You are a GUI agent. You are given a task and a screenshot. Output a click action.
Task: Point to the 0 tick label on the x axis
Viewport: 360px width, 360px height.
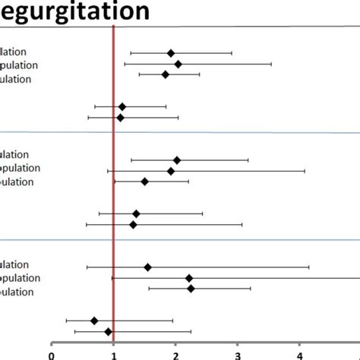click(52, 352)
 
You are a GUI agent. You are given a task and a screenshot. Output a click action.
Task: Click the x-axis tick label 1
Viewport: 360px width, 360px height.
click(113, 352)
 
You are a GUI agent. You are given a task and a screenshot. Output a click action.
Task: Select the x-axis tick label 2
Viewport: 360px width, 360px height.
click(175, 352)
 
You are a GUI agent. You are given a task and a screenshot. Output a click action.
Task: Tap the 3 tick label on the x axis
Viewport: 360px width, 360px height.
click(238, 352)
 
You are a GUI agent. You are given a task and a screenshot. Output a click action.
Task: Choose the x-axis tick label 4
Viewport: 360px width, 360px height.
click(300, 352)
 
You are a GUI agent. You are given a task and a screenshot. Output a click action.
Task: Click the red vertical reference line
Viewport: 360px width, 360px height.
click(113, 190)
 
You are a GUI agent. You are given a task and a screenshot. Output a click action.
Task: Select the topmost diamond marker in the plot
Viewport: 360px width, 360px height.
click(171, 53)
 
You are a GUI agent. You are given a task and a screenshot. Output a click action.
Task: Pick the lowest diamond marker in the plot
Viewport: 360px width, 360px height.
click(109, 331)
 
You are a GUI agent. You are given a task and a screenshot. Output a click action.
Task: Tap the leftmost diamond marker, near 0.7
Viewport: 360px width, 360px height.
click(94, 321)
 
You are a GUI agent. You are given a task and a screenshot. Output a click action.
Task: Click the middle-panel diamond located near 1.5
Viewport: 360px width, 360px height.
click(144, 182)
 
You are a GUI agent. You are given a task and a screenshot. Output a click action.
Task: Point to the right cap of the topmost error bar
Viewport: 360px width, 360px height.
click(232, 53)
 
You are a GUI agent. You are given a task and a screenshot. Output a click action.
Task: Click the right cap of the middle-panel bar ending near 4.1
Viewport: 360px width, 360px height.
click(305, 171)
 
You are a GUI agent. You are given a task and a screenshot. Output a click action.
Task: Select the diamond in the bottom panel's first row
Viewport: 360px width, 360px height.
click(147, 267)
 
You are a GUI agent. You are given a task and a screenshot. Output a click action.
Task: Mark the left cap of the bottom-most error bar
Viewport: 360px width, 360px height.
click(74, 331)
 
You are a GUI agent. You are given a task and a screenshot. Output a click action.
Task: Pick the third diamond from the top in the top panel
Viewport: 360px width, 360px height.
click(166, 74)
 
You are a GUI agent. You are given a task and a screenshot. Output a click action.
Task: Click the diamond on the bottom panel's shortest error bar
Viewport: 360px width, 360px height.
click(191, 289)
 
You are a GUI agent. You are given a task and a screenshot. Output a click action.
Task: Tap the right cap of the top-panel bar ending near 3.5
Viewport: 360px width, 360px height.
click(271, 64)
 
